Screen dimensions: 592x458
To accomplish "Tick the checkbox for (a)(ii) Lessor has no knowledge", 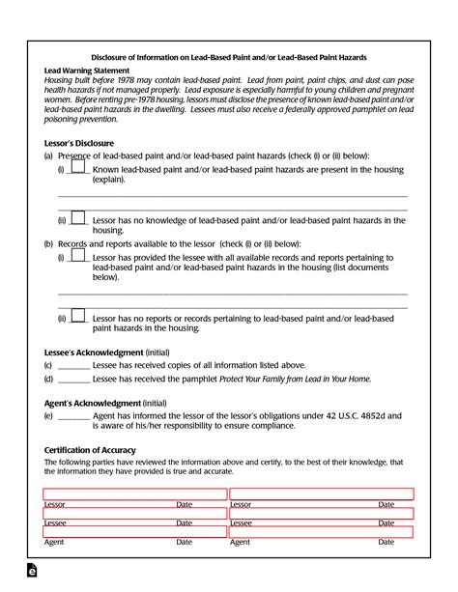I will (x=78, y=218).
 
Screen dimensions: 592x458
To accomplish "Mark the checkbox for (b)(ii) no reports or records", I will (x=78, y=317).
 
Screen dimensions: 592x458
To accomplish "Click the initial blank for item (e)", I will (x=73, y=415).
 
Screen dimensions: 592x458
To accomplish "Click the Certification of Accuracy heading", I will (x=90, y=450).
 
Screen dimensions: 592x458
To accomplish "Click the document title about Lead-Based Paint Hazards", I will (x=228, y=57).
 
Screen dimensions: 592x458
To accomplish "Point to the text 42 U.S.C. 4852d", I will (x=365, y=415).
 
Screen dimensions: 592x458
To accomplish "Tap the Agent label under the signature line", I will (x=54, y=542).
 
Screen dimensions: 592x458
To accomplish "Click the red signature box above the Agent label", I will (x=133, y=531).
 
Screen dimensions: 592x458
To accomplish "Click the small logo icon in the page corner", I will (x=31, y=574).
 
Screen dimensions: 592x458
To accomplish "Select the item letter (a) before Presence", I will (x=48, y=155).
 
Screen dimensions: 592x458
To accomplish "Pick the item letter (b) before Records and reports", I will (x=48, y=244).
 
